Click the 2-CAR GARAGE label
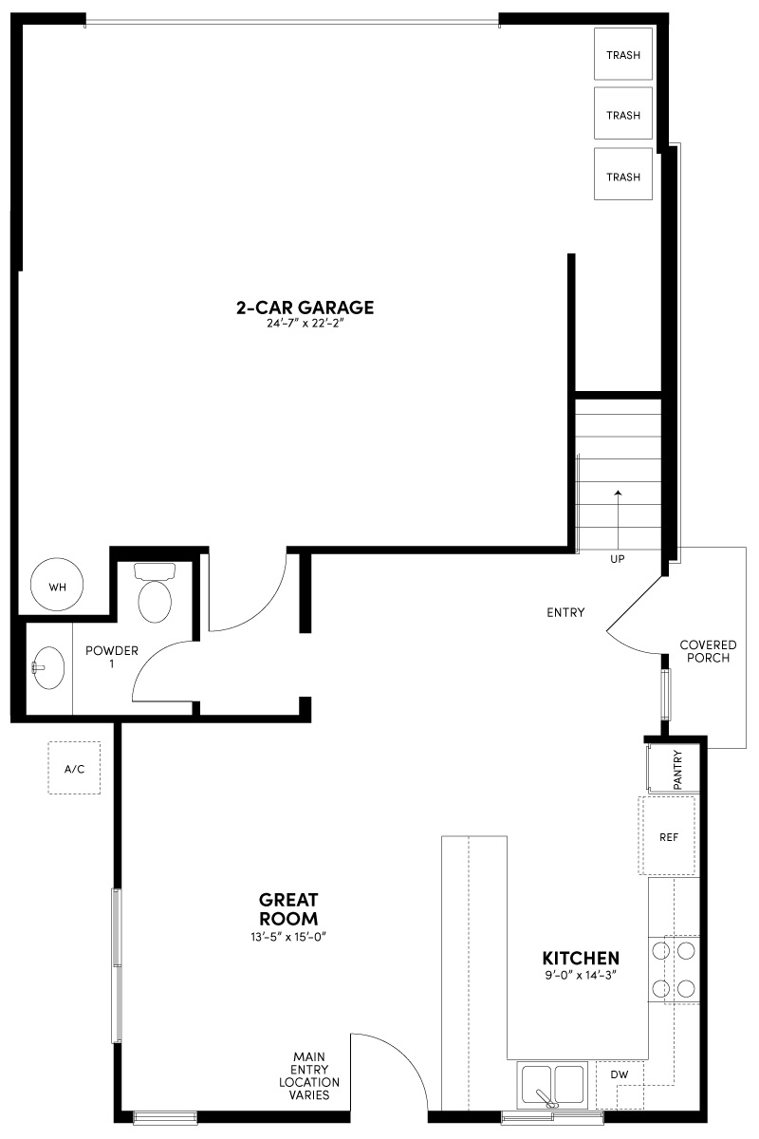click(x=305, y=308)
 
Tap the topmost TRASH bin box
click(x=623, y=55)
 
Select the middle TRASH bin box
click(x=623, y=116)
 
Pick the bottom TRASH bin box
click(x=623, y=177)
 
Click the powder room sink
click(x=46, y=668)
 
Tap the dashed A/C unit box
click(x=75, y=768)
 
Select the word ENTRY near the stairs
click(x=565, y=612)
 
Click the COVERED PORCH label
click(x=708, y=651)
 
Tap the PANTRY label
click(x=678, y=769)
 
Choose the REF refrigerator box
click(x=669, y=837)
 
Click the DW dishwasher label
click(x=620, y=1074)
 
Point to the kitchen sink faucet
click(x=548, y=1097)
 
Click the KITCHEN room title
click(x=581, y=959)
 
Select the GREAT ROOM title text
click(x=289, y=909)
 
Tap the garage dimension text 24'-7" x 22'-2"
click(x=305, y=325)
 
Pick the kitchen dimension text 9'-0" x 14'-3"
click(x=581, y=976)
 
